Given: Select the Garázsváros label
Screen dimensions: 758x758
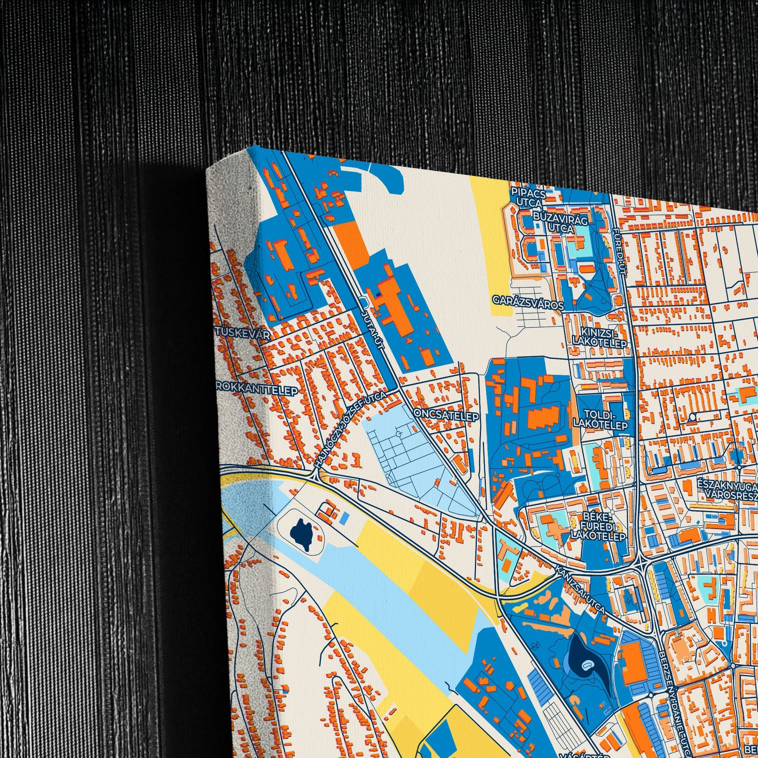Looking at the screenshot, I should (528, 303).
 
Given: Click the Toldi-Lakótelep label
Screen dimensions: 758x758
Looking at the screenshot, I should (600, 420).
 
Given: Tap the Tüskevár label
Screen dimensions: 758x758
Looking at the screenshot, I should (243, 335).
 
